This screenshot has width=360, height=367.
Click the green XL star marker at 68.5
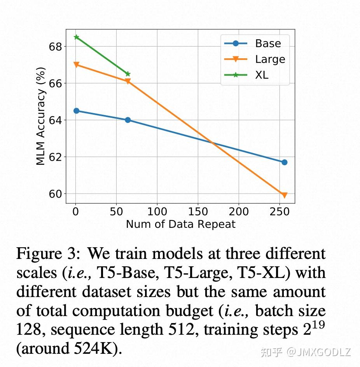click(76, 37)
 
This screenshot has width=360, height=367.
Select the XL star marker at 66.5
click(128, 74)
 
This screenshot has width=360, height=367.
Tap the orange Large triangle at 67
click(76, 65)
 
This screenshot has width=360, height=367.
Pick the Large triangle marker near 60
click(284, 195)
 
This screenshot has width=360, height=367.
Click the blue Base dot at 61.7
click(284, 162)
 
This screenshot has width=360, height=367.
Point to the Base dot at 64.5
click(76, 111)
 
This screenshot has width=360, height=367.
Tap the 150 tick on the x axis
click(198, 211)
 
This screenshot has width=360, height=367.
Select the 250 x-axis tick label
click(280, 211)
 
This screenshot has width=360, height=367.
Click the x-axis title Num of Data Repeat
click(180, 224)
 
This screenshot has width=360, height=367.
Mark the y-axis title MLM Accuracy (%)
click(41, 116)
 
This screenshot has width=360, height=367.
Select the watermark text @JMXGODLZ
click(319, 352)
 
